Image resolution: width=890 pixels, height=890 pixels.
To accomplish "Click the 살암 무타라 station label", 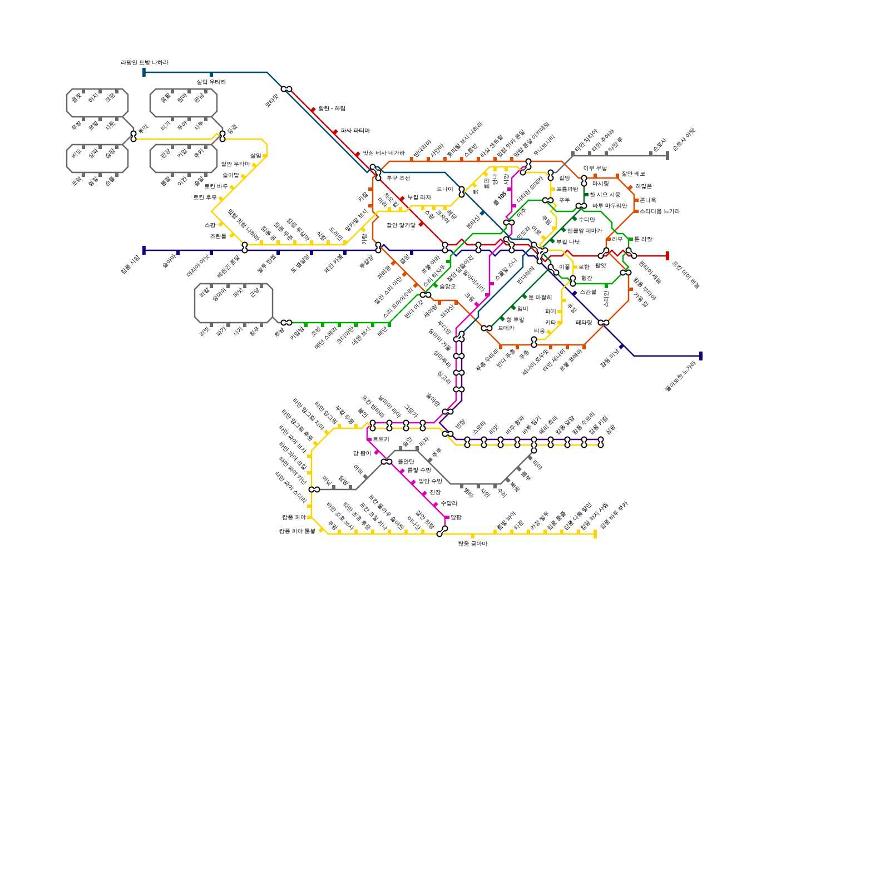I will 211,82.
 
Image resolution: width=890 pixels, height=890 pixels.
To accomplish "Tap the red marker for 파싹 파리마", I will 335,132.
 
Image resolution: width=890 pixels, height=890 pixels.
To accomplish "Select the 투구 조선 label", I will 398,178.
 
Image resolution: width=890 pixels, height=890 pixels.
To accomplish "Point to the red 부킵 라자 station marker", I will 402,199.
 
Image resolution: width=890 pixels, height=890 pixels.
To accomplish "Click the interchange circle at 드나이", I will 462,191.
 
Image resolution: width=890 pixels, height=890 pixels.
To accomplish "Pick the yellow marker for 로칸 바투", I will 232,187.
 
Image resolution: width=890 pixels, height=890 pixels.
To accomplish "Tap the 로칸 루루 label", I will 205,197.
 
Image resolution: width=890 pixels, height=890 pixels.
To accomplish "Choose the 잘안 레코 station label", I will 633,174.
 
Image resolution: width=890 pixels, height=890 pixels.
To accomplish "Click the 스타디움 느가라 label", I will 659,211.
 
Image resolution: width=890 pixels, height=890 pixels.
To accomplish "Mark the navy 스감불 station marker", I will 575,293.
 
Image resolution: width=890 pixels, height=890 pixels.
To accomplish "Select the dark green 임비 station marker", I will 513,308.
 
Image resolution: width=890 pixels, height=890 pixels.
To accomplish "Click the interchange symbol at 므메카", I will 487,328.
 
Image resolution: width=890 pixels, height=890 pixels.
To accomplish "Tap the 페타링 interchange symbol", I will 604,323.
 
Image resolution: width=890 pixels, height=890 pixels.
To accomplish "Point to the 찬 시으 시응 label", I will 605,195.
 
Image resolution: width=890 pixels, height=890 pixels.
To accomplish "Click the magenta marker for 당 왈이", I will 377,453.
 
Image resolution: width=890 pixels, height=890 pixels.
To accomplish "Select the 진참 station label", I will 435,492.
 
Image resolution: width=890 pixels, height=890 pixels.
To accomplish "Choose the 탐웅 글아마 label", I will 472,543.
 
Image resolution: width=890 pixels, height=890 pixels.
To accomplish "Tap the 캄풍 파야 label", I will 293,517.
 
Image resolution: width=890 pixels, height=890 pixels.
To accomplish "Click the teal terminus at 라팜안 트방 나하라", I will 144,72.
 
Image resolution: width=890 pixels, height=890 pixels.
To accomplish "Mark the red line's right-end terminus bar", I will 667,256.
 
